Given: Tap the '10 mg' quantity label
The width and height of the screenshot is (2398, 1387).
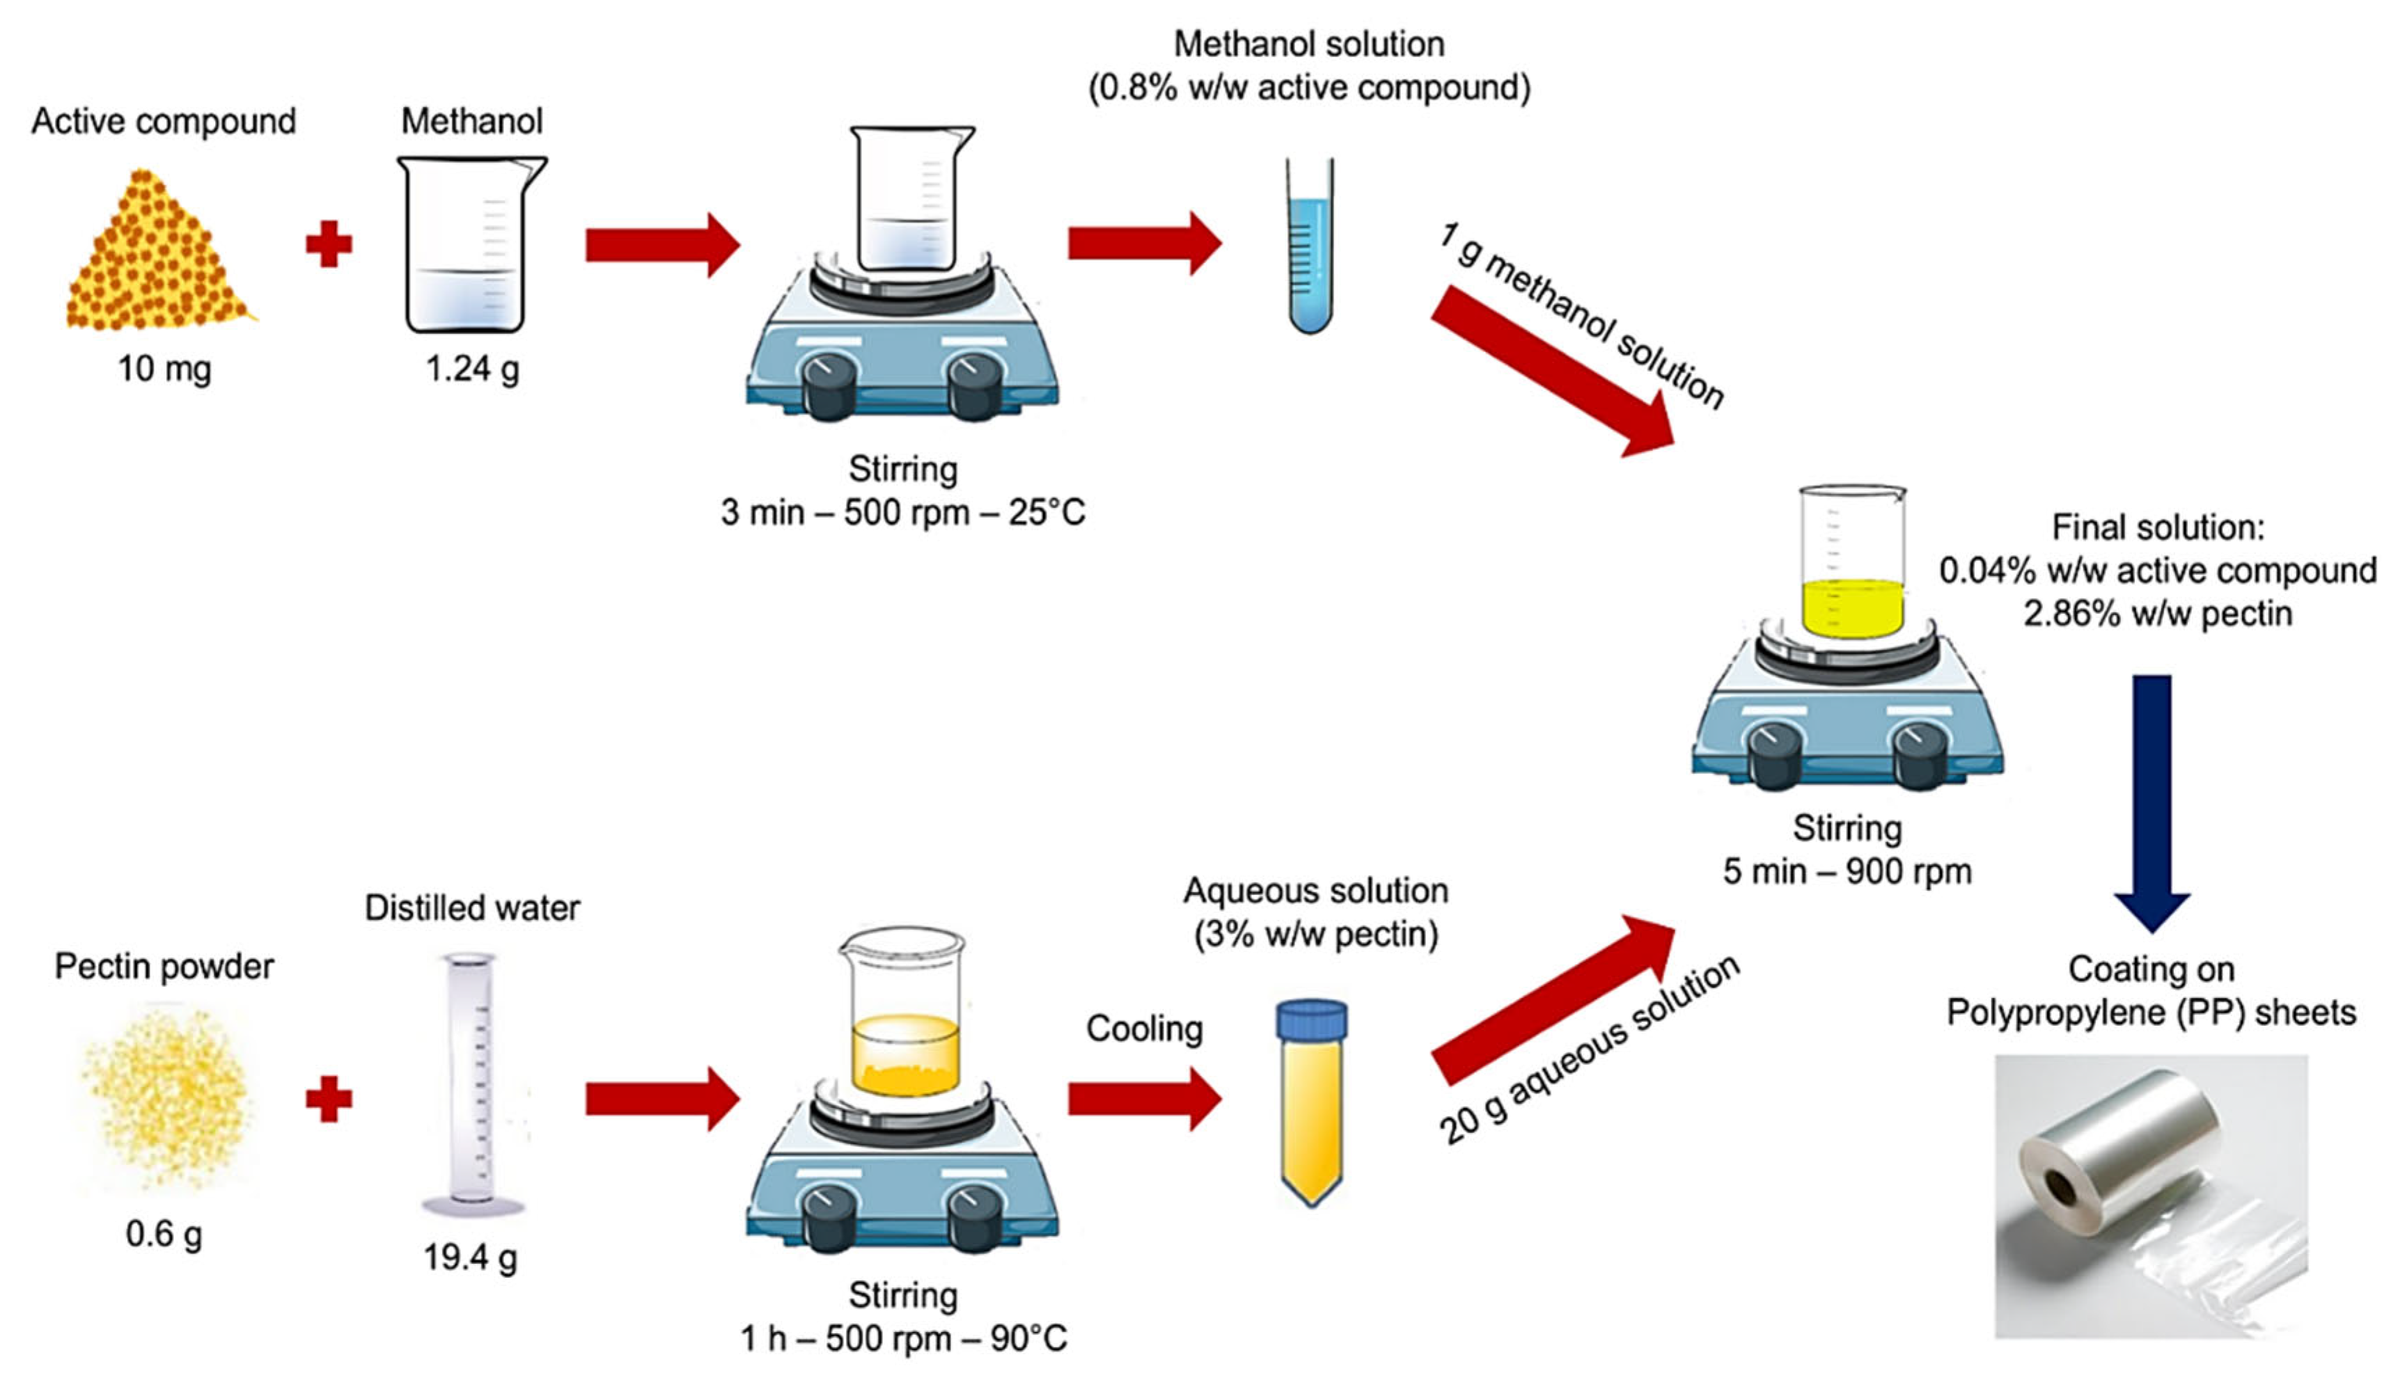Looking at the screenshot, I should [x=164, y=368].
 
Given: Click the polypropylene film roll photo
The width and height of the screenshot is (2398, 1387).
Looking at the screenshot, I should [x=2151, y=1195].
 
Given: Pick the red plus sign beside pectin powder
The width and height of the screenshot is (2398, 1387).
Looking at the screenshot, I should [x=329, y=1099].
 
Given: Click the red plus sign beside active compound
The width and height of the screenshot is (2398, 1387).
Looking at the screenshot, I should [x=329, y=244].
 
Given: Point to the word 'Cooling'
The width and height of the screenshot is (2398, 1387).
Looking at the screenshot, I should [x=1144, y=1029].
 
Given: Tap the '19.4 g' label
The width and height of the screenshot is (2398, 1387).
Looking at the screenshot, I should [x=470, y=1257].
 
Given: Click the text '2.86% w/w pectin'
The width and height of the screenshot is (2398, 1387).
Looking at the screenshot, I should [x=2156, y=614].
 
